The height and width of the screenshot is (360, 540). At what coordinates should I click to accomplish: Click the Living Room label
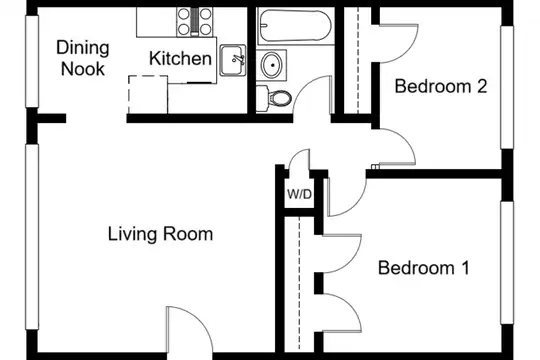tap(160, 234)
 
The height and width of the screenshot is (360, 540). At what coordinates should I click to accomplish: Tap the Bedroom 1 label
tap(424, 268)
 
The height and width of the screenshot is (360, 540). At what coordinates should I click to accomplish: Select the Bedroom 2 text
tap(441, 86)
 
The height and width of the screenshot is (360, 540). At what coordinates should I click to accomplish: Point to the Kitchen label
tap(180, 58)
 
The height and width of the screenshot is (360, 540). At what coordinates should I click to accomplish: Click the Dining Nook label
tap(83, 58)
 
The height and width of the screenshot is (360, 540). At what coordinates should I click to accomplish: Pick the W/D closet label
tap(299, 195)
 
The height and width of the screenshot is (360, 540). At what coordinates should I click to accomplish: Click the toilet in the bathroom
tap(274, 98)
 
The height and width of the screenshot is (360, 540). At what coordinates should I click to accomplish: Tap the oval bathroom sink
tap(272, 65)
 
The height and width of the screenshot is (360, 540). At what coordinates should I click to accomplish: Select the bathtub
tap(295, 26)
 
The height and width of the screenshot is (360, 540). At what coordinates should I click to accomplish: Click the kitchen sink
tap(233, 60)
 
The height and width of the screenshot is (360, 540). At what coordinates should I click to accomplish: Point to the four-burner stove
tap(195, 22)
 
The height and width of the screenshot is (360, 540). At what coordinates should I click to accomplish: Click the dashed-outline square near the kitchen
tap(148, 95)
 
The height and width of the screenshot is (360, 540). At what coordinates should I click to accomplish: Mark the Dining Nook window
tap(32, 62)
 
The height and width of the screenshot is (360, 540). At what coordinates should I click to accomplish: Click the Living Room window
tap(32, 237)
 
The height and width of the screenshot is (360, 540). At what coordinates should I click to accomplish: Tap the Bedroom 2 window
tap(507, 88)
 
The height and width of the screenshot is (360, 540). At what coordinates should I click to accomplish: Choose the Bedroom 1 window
tap(507, 263)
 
